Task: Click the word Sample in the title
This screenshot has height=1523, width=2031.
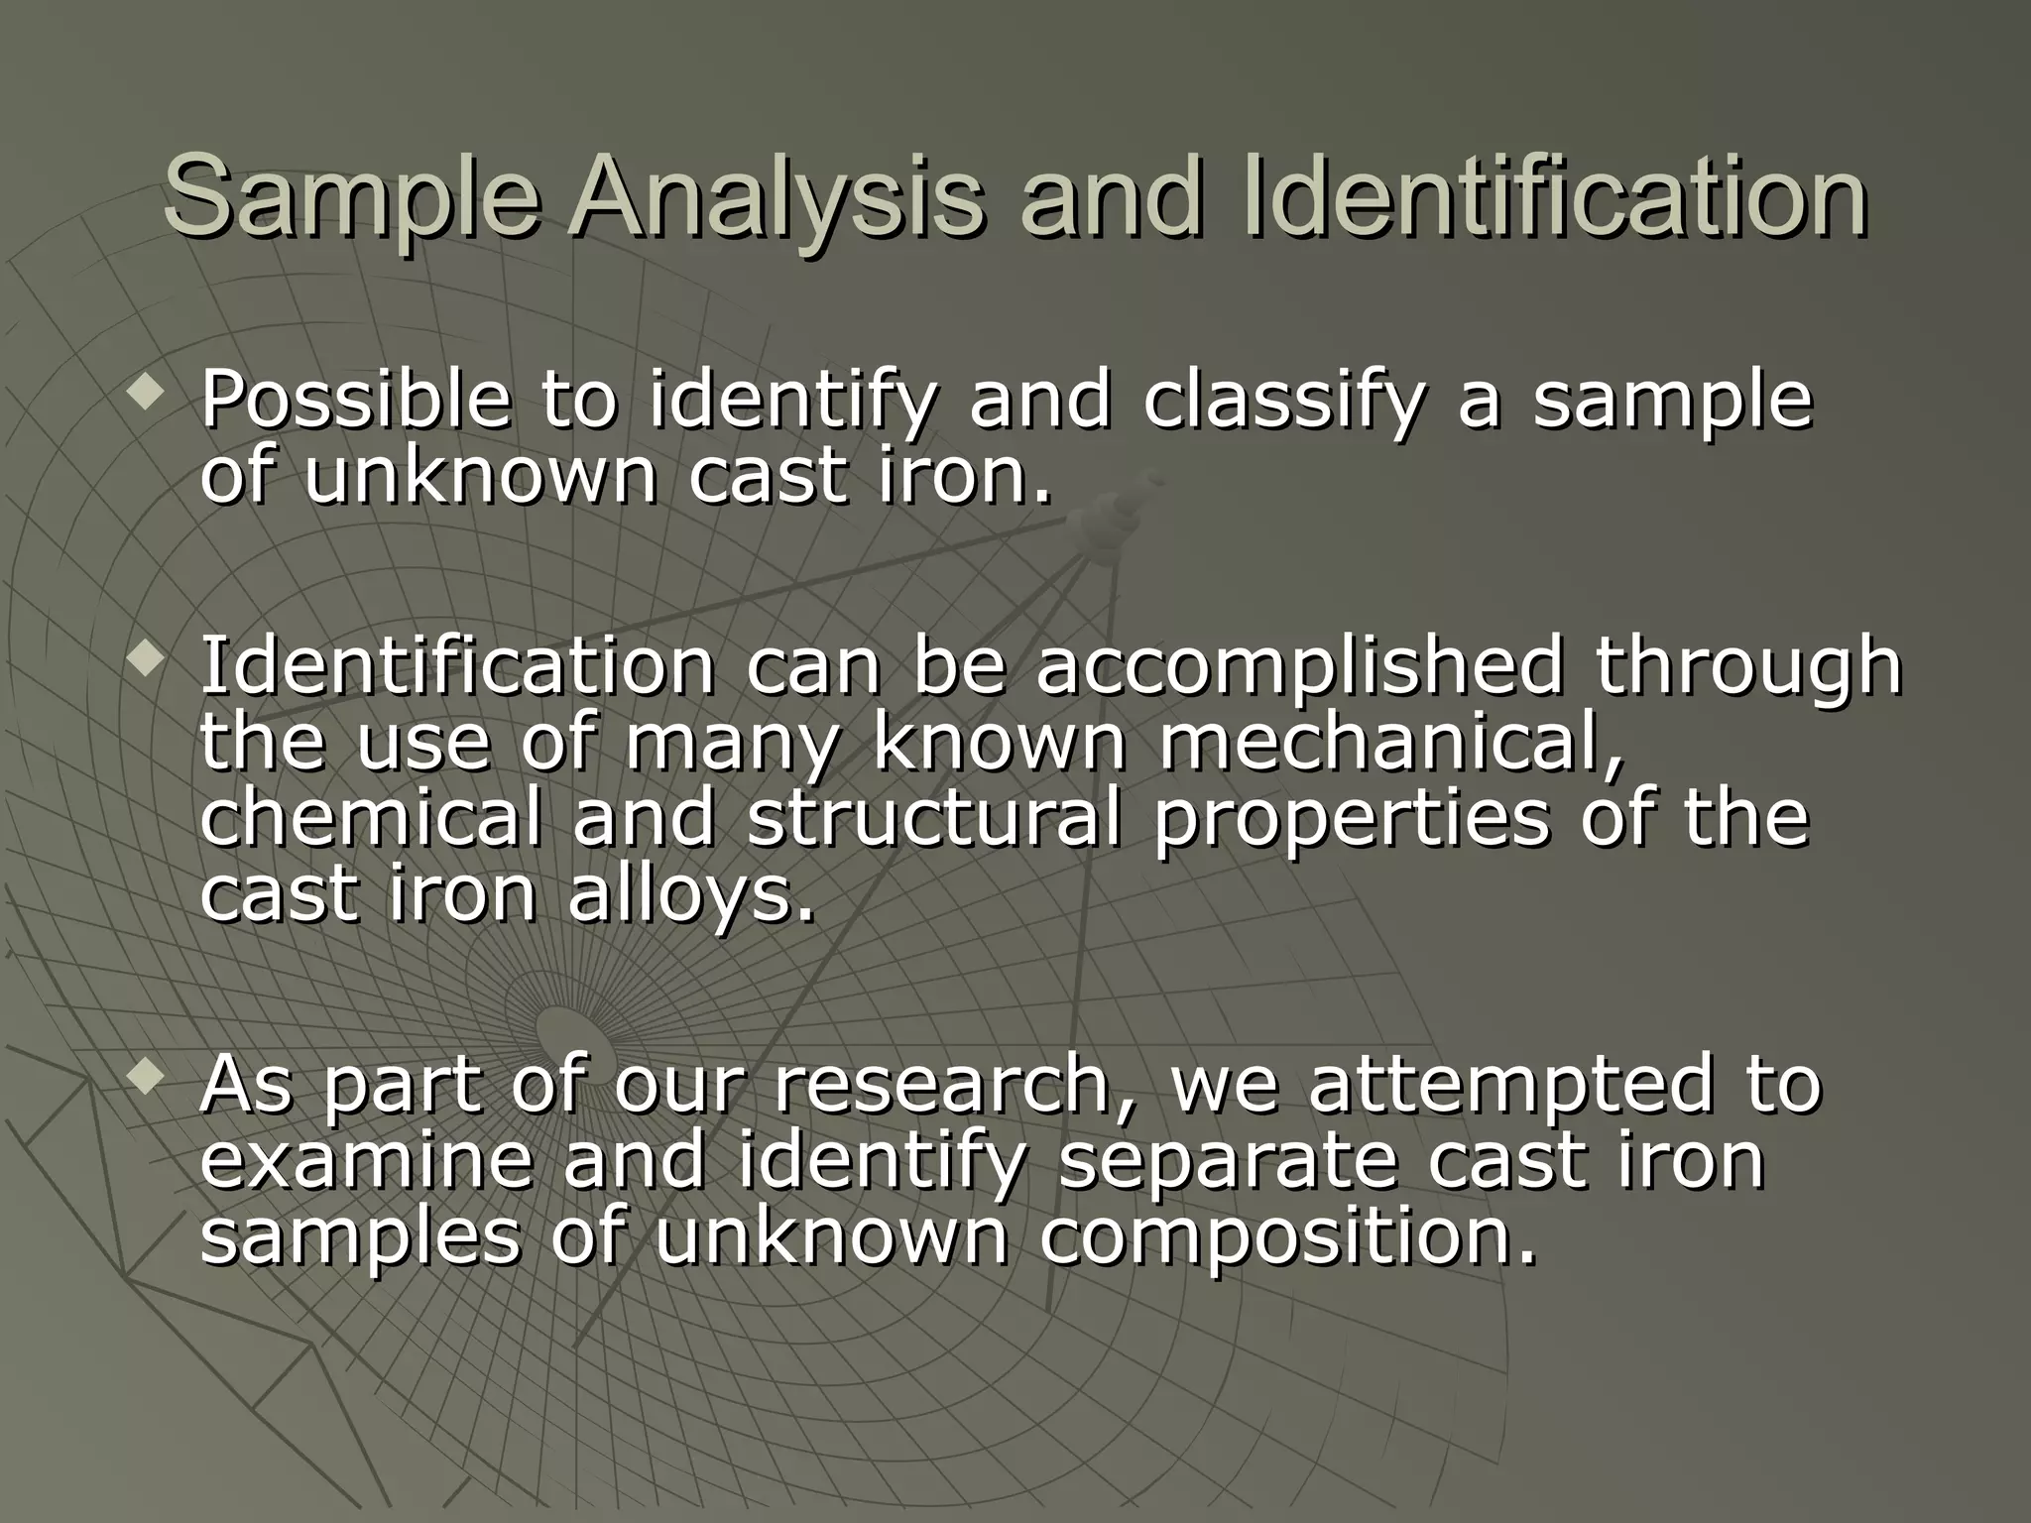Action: [x=351, y=197]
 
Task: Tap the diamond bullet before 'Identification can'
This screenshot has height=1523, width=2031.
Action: [x=146, y=658]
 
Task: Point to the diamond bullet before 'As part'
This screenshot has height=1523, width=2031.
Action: [x=146, y=1079]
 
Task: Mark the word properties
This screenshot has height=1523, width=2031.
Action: [x=1350, y=821]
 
